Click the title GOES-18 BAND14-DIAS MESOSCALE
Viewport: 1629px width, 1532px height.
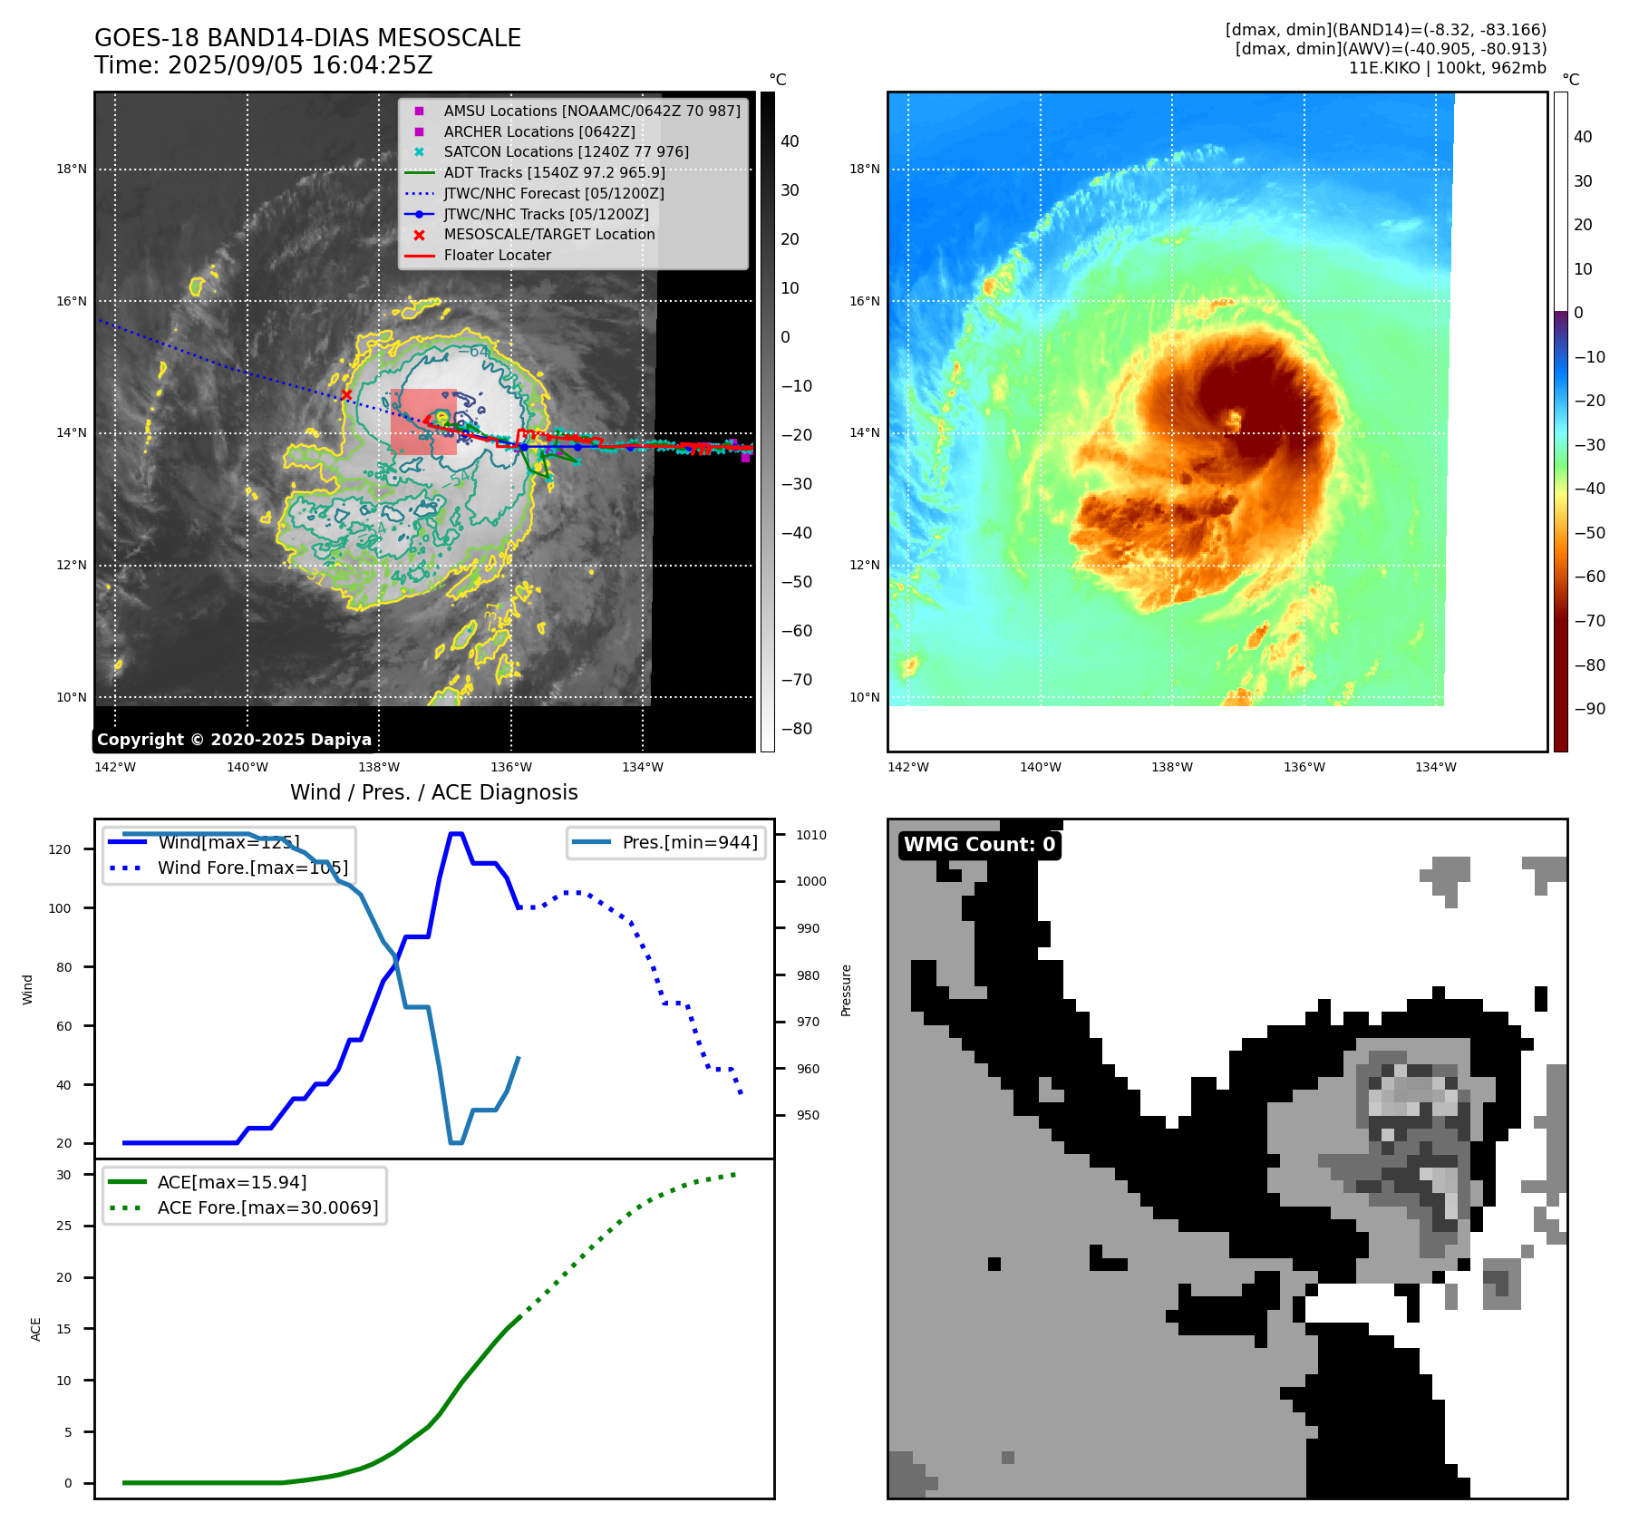coord(307,38)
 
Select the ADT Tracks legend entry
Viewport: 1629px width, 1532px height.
coord(554,172)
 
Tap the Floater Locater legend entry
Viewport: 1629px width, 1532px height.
coord(497,255)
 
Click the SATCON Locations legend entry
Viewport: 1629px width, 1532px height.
coord(566,151)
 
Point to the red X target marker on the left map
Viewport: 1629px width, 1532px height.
coord(346,394)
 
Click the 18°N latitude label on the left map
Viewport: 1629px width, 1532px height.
coord(72,169)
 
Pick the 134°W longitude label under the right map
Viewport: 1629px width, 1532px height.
coord(1435,767)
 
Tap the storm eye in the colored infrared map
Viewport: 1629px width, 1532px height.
coord(1234,418)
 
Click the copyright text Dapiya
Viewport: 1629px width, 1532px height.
coord(234,740)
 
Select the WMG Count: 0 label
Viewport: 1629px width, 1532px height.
coord(979,845)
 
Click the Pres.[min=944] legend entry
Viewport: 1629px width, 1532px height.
coord(689,842)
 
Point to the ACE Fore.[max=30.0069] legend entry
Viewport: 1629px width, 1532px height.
coord(267,1207)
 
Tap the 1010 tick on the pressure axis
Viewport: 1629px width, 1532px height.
coord(811,835)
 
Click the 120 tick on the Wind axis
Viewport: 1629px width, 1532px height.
coord(60,849)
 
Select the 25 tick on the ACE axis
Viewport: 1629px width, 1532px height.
coord(64,1226)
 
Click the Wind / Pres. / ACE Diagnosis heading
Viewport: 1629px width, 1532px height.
coord(433,792)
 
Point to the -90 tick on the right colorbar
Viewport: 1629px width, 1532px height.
coord(1589,709)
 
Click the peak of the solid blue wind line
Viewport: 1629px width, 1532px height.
coord(457,833)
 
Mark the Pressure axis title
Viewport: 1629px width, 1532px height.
coord(846,990)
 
